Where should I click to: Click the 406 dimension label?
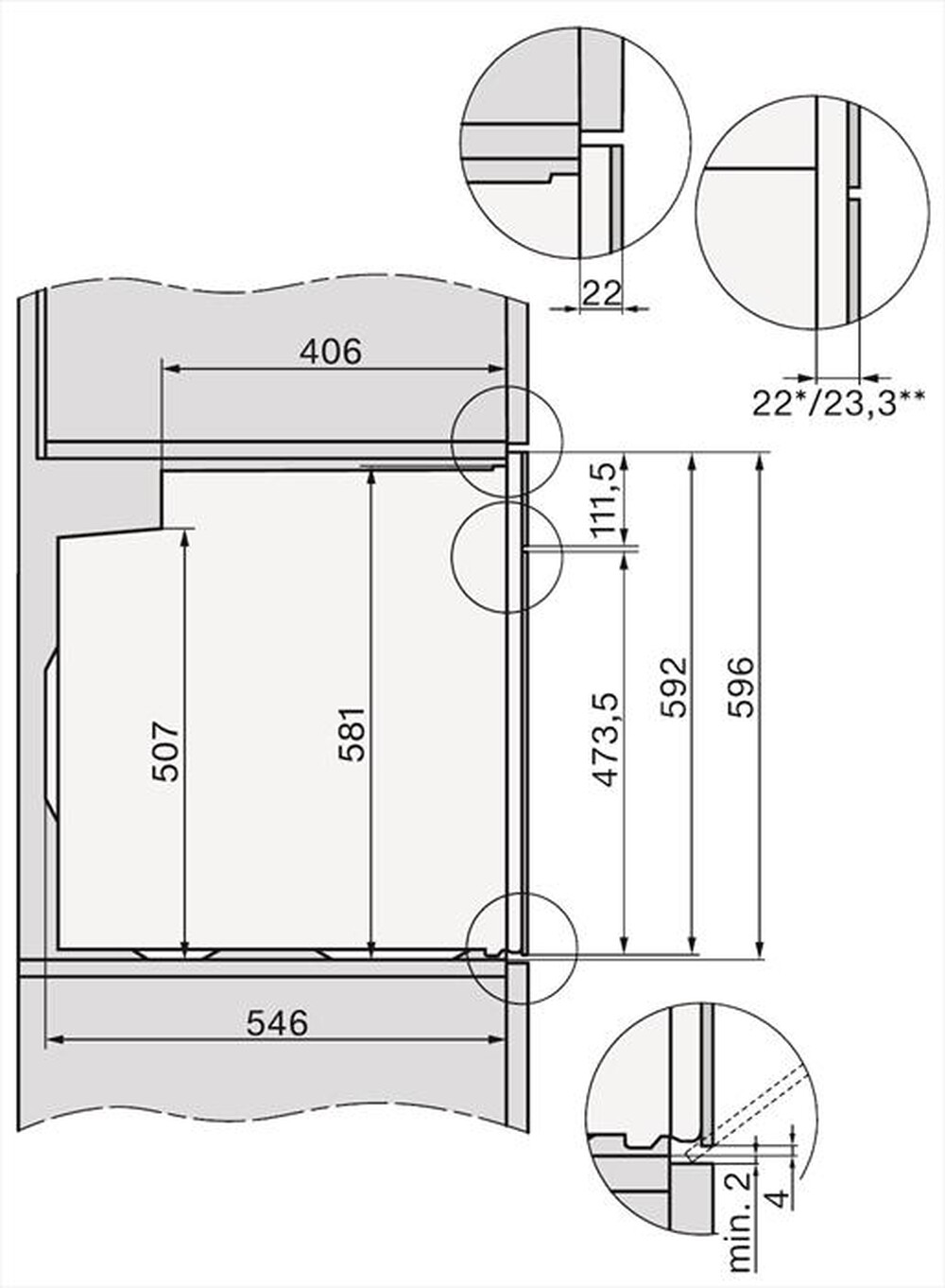pos(330,352)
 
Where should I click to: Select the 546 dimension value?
pos(277,1023)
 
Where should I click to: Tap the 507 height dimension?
pos(165,752)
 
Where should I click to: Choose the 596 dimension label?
pos(742,686)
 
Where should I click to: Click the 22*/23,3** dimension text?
pos(837,404)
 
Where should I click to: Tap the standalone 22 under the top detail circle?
pos(601,293)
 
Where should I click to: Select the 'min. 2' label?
pos(743,1220)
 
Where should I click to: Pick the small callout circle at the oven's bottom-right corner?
pos(524,949)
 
